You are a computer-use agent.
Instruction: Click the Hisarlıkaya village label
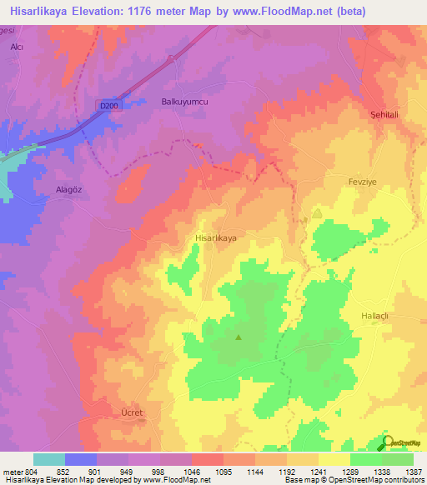[216, 238]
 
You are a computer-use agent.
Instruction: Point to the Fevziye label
[364, 180]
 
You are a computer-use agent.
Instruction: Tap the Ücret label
[133, 413]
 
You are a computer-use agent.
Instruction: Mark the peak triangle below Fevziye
[317, 214]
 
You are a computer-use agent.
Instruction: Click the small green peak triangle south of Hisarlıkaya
[239, 337]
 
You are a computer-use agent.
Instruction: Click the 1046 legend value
[192, 472]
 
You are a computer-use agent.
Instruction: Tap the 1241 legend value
[318, 472]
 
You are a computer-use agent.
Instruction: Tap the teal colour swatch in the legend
[49, 459]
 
